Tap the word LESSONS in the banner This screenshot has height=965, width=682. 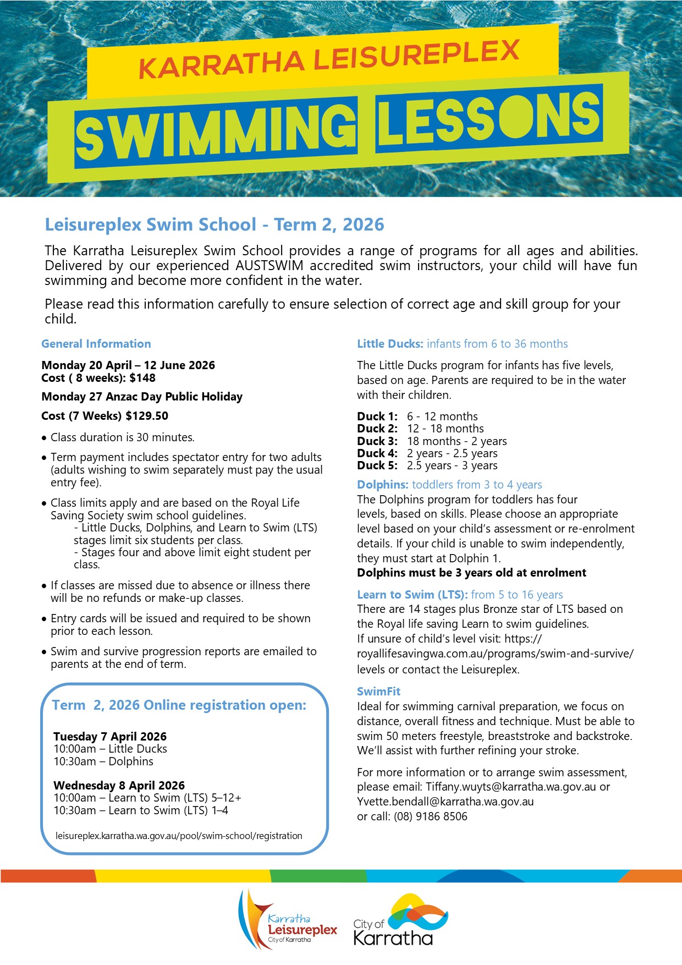coord(488,120)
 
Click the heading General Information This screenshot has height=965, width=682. coord(96,344)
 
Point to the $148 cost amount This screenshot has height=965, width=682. coord(142,378)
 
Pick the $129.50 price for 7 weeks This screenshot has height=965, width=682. coord(147,416)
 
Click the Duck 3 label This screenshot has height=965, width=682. coord(377,441)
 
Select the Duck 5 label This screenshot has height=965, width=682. coord(377,465)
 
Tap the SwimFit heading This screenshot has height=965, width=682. coord(378,692)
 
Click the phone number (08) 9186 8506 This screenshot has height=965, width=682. coord(430,816)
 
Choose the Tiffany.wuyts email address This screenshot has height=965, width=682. coord(510,787)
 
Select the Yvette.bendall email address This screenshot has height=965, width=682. coord(445,802)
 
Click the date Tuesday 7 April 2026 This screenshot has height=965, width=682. coord(110,737)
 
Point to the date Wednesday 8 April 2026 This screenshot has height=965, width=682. coord(119,786)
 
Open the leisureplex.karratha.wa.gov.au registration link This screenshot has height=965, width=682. coord(179,836)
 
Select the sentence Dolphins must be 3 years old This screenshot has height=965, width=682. coord(471,573)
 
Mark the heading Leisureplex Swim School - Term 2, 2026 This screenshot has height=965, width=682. coord(215,224)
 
